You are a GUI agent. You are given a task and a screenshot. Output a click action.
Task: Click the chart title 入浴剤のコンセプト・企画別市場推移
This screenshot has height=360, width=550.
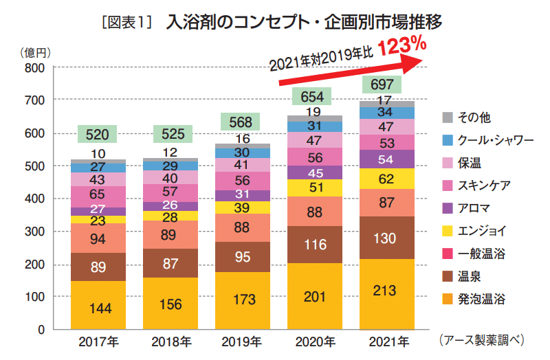coord(302,20)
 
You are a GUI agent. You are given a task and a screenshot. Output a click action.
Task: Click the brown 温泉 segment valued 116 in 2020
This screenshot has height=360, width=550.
coord(314,245)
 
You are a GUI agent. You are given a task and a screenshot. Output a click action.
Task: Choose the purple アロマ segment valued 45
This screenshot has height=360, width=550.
coord(314,172)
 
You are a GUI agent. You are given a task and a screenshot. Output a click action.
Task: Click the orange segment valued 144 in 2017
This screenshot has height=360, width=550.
coord(98,306)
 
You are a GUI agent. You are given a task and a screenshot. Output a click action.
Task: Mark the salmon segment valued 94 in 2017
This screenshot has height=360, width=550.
coord(98,238)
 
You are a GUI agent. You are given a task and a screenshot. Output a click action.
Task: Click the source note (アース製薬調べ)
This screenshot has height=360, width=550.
coord(481,339)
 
